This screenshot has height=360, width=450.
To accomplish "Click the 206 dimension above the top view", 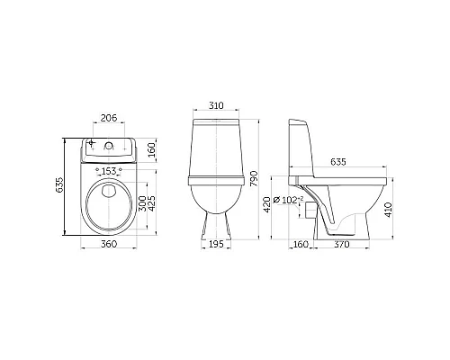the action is point(108,118).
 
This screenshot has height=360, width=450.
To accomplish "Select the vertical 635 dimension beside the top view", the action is point(59,184).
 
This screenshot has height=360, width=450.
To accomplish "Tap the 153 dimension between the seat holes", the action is point(109,171).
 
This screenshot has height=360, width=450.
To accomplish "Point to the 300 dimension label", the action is point(142,203).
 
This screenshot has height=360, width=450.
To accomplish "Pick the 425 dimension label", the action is point(152,203).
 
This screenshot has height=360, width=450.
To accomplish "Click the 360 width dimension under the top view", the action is point(109,244).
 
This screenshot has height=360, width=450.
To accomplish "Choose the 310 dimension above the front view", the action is point(216,105).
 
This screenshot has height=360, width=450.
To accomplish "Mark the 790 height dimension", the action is point(254,179).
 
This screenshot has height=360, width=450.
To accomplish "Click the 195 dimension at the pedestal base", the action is point(216,244).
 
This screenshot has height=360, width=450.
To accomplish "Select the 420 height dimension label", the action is point(266,204).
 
